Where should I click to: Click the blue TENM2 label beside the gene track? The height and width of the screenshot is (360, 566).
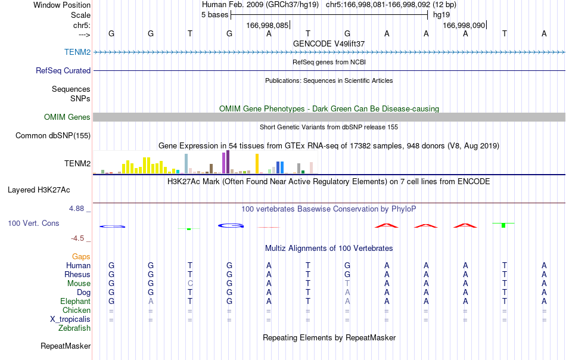(77, 52)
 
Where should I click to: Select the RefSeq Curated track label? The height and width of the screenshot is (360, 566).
(63, 70)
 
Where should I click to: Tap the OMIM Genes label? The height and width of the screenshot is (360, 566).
(67, 117)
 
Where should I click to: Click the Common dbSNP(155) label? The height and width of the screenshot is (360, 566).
(52, 135)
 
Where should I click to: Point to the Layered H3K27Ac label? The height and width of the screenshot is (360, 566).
(39, 190)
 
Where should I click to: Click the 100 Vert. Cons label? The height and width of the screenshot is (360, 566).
(33, 223)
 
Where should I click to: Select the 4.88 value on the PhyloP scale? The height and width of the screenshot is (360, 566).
(76, 209)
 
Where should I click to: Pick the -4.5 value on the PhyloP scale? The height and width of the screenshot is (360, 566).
(77, 238)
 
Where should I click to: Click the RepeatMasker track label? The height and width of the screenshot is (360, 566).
(66, 346)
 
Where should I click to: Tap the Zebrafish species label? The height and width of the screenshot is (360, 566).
(74, 328)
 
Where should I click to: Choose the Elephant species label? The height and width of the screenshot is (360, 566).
(75, 301)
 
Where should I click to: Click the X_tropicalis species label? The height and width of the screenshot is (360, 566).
(70, 319)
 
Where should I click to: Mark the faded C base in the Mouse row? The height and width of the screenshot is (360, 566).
(190, 284)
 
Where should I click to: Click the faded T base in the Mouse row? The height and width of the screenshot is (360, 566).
(347, 284)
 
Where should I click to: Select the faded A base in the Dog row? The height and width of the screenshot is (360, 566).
(347, 292)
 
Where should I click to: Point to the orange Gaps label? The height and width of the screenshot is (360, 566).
(81, 256)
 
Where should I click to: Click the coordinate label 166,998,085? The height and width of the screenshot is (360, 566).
(267, 25)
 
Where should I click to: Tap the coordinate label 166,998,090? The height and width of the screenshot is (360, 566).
(464, 25)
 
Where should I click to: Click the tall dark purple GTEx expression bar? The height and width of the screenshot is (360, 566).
(228, 162)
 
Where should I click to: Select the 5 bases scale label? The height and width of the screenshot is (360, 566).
(214, 15)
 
